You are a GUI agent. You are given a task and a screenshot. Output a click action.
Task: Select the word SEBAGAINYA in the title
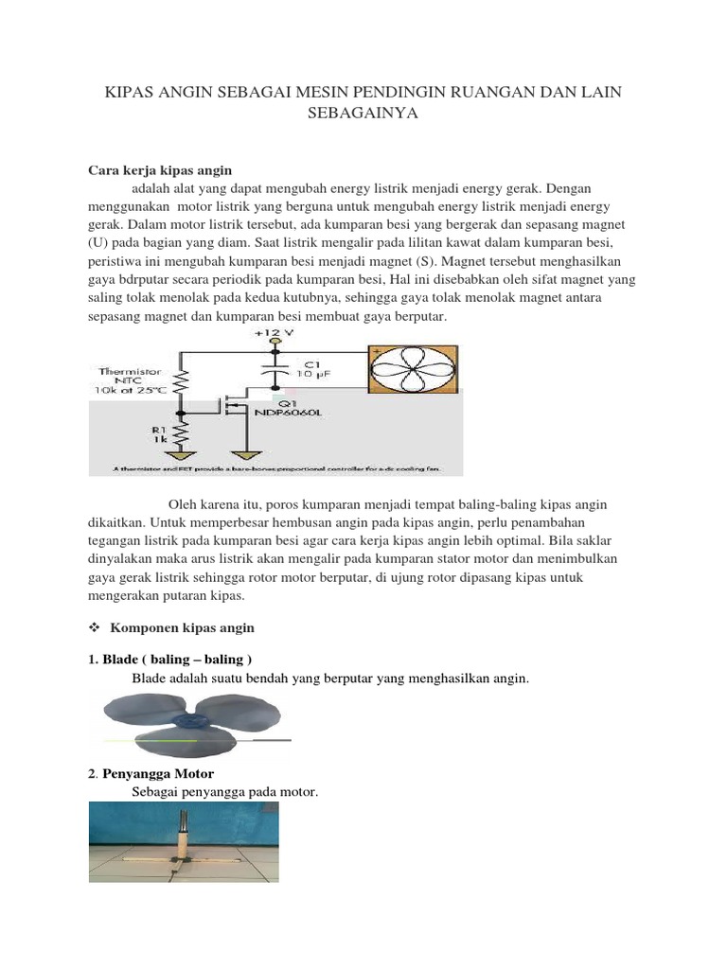[x=363, y=114]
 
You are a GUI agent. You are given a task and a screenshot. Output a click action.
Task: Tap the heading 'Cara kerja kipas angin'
[x=159, y=170]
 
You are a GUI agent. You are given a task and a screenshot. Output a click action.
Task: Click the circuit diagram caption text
[x=275, y=468]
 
